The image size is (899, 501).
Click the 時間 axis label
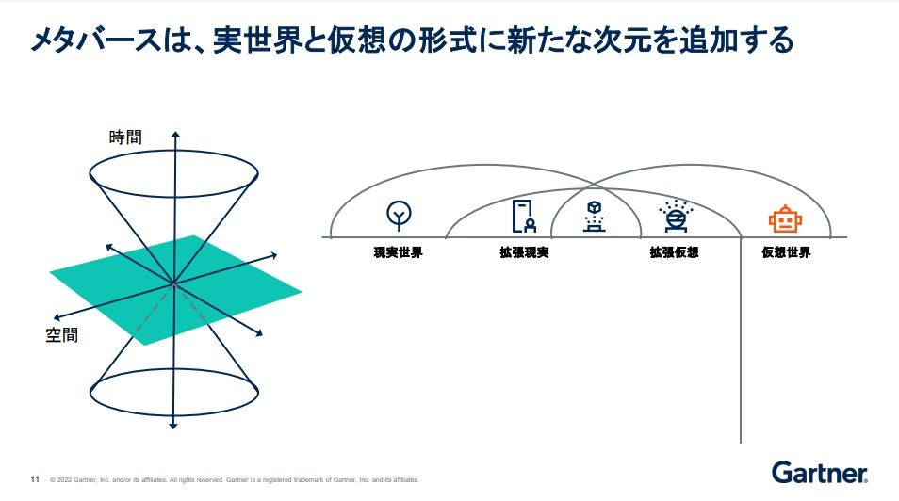click(125, 137)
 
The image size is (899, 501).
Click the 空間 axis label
click(62, 334)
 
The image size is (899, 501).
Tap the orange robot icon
click(785, 219)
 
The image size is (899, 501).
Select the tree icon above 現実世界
click(399, 215)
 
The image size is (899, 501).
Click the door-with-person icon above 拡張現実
click(524, 216)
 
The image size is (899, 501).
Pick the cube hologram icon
click(595, 216)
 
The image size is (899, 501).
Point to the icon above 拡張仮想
click(676, 216)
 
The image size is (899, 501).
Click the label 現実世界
click(398, 252)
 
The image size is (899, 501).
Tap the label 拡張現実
click(524, 252)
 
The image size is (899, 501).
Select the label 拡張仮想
click(675, 252)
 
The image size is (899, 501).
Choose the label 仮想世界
click(786, 252)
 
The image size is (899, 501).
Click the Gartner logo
click(819, 473)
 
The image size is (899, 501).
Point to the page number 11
click(35, 479)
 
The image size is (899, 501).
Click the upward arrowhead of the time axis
click(175, 135)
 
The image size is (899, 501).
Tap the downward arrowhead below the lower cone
click(173, 426)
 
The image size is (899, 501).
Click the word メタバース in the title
click(96, 40)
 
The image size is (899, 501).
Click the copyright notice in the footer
click(235, 479)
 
